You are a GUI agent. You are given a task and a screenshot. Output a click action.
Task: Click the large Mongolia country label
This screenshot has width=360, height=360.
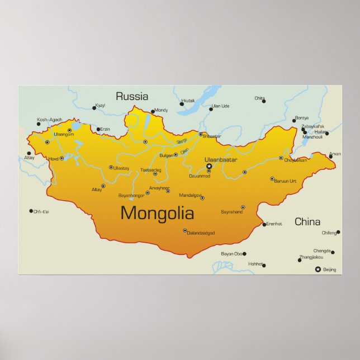point(157,213)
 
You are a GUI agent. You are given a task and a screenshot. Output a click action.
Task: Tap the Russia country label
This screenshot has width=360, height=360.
point(132,96)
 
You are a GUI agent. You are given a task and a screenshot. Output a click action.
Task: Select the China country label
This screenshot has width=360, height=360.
point(307,221)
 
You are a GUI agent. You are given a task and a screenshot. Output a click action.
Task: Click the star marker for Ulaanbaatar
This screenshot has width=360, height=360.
point(209,166)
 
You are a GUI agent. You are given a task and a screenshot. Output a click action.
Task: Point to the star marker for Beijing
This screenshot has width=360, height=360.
point(318,269)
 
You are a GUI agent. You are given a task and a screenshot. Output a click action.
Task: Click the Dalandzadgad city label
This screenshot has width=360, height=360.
point(201,233)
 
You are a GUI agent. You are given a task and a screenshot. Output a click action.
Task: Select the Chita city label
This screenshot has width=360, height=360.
point(259,98)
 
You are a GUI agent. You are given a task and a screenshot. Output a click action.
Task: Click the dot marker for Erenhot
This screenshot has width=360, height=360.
point(264,225)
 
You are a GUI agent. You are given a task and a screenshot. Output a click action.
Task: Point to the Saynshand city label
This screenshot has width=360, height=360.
point(231,212)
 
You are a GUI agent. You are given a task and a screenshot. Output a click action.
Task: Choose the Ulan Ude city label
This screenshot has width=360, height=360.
point(220,106)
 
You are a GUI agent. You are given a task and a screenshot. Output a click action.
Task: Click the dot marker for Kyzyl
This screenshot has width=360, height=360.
point(94,108)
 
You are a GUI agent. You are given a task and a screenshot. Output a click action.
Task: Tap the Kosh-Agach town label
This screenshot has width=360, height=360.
point(49,120)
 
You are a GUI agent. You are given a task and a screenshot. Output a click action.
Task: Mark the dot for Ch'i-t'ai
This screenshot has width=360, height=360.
point(31,211)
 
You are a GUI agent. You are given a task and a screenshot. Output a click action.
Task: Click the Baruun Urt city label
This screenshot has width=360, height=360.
point(286,181)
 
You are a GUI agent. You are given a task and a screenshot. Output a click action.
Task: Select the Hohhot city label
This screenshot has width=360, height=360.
point(255,264)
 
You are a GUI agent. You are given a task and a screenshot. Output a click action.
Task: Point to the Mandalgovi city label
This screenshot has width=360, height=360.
point(190,195)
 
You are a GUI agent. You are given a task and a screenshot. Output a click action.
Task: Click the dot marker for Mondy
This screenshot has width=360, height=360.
point(153,112)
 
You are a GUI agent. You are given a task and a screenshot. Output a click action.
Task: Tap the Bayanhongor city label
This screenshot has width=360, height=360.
point(131,195)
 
